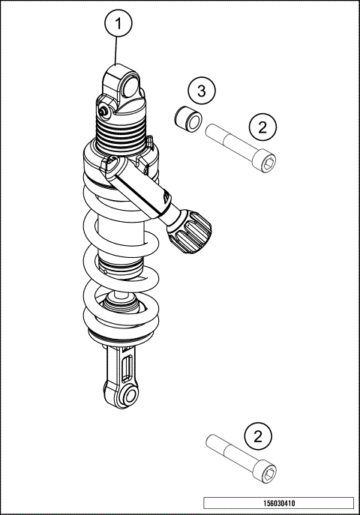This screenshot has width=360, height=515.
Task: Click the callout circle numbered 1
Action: [118, 24]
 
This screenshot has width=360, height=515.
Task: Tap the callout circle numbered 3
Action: [202, 90]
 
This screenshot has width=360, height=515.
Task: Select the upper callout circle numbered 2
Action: [262, 127]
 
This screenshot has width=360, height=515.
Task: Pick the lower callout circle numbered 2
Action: [258, 436]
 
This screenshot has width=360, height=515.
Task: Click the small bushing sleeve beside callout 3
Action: [188, 119]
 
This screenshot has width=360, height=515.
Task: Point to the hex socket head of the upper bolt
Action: [265, 162]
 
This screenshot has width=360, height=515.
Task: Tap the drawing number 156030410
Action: [279, 503]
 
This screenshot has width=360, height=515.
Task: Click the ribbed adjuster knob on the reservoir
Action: [190, 231]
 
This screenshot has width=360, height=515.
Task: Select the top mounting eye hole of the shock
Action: [130, 86]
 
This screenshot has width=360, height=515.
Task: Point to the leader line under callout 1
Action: [115, 50]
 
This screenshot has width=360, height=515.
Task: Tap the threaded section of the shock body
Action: [119, 133]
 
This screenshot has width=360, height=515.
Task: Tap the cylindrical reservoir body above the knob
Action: [138, 187]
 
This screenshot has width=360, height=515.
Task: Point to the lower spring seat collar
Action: [121, 337]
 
